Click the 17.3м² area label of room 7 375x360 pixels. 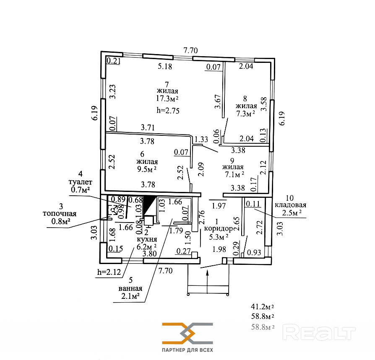point(167,99)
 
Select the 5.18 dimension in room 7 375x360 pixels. point(165,66)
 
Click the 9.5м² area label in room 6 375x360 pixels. point(146,169)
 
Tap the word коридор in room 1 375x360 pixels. point(219,229)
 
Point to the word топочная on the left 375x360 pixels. point(60,213)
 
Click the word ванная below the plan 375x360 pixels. point(130,289)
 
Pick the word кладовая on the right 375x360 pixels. point(291,205)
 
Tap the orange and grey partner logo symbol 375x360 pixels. point(187,334)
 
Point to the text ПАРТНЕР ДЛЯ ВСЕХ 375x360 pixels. point(187,350)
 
